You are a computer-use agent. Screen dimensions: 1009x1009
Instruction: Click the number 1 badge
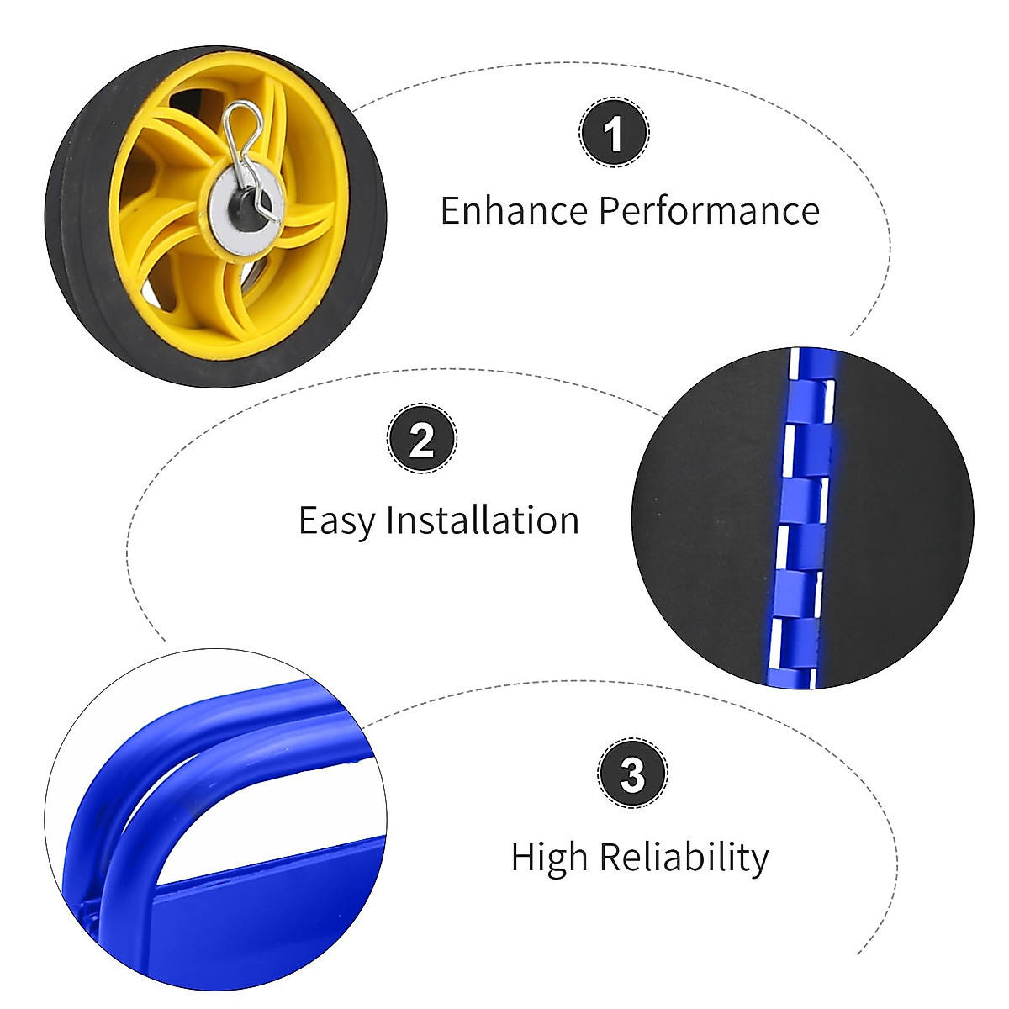pyautogui.click(x=614, y=132)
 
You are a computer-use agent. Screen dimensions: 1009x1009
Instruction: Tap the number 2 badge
pyautogui.click(x=422, y=439)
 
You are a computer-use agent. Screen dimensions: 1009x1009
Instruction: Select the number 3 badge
pyautogui.click(x=632, y=774)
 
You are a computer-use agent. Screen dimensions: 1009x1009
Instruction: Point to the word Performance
pyautogui.click(x=708, y=210)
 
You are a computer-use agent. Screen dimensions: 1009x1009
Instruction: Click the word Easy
pyautogui.click(x=336, y=521)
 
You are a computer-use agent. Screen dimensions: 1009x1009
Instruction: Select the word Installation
pyautogui.click(x=482, y=520)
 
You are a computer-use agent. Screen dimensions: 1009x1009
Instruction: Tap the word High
pyautogui.click(x=550, y=858)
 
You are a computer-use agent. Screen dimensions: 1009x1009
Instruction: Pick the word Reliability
pyautogui.click(x=684, y=858)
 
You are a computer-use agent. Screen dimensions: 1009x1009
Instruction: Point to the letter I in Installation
pyautogui.click(x=390, y=520)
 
